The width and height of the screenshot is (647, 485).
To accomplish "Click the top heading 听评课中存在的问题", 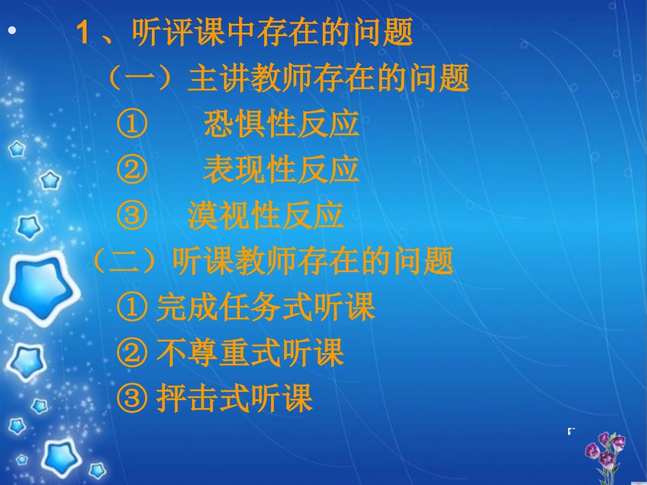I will [x=272, y=32].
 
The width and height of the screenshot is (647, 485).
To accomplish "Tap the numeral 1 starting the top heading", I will [x=84, y=33].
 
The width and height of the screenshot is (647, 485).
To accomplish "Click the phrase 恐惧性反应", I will [x=281, y=124].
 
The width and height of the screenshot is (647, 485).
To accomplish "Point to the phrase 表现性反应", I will [x=281, y=170].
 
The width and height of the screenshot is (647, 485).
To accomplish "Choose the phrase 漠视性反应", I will [x=266, y=216].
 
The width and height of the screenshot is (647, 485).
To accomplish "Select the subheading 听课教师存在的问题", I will [x=313, y=261].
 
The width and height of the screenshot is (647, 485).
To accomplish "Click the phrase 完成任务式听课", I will [x=266, y=307].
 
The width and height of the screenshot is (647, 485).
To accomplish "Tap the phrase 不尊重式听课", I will [x=250, y=353].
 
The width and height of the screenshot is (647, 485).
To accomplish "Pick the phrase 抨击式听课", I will [x=234, y=399].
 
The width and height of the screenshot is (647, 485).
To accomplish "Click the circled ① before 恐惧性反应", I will [x=131, y=125].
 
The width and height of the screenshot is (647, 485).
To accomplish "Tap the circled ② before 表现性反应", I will [x=131, y=171].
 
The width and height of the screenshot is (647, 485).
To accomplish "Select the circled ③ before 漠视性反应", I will [x=131, y=216].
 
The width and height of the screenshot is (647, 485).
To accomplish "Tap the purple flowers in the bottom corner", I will [x=604, y=452].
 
